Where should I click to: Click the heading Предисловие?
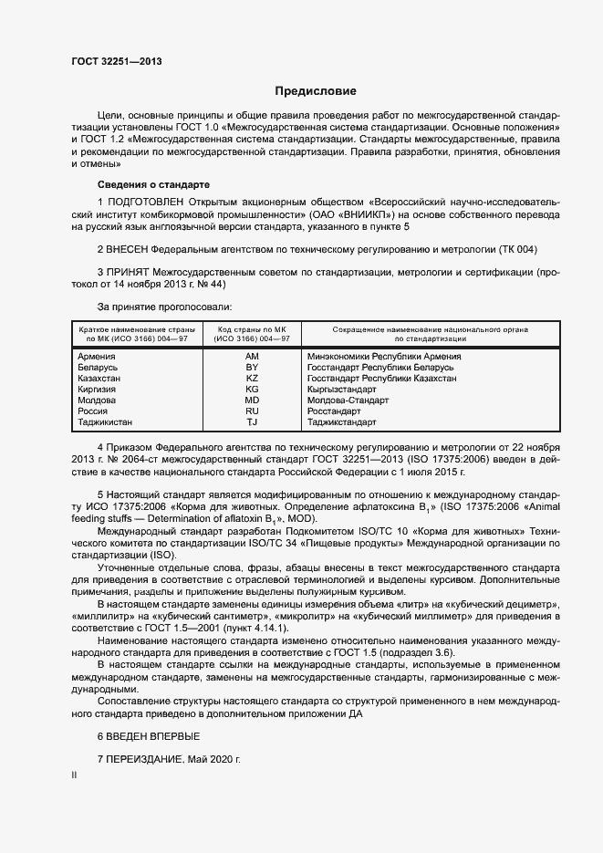coord(316,91)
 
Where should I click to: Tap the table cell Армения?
coord(97,356)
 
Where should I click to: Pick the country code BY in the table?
coord(252,367)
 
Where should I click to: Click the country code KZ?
coord(252,378)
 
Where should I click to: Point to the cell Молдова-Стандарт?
coord(348,400)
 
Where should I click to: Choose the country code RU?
coord(252,411)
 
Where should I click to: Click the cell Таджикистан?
coord(105,422)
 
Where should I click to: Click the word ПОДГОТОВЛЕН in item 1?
coord(145,201)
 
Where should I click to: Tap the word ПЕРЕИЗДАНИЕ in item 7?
coord(145,759)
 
